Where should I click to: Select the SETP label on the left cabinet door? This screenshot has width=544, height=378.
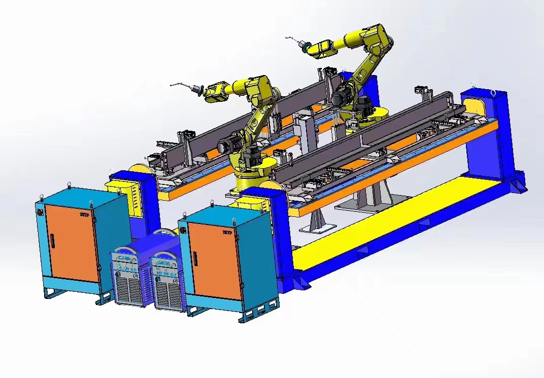[85, 214]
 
